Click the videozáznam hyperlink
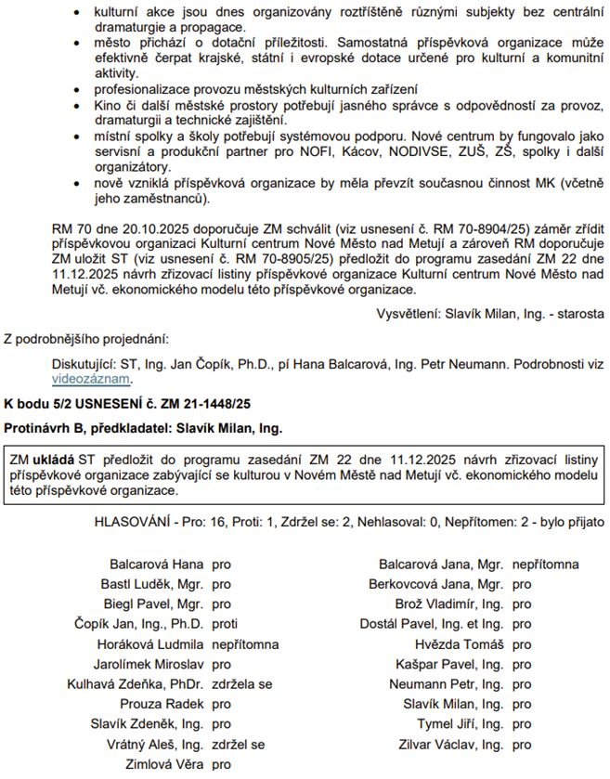point(92,379)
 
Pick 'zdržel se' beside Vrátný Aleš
point(239,745)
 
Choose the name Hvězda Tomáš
point(460,644)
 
